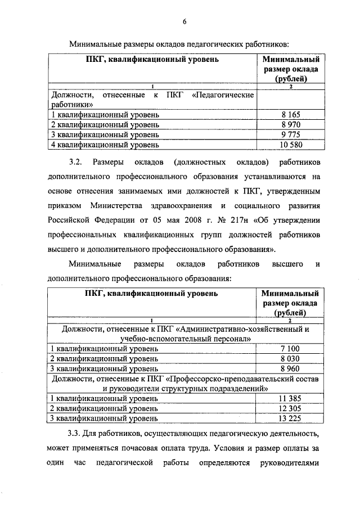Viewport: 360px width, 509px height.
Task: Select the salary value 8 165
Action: pyautogui.click(x=290, y=114)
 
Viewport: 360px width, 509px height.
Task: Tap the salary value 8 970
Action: pyautogui.click(x=290, y=124)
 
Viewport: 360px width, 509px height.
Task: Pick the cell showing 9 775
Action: pyautogui.click(x=290, y=134)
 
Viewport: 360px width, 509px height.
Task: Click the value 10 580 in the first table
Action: pyautogui.click(x=290, y=145)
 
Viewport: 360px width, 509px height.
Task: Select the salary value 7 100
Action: pyautogui.click(x=290, y=349)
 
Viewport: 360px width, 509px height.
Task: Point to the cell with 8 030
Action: pyautogui.click(x=290, y=359)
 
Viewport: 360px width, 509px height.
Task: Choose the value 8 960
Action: pyautogui.click(x=290, y=369)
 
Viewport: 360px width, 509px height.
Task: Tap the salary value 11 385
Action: pyautogui.click(x=290, y=398)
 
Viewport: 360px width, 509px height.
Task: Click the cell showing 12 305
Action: pyautogui.click(x=290, y=408)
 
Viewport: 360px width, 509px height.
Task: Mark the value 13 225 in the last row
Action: pyautogui.click(x=290, y=418)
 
